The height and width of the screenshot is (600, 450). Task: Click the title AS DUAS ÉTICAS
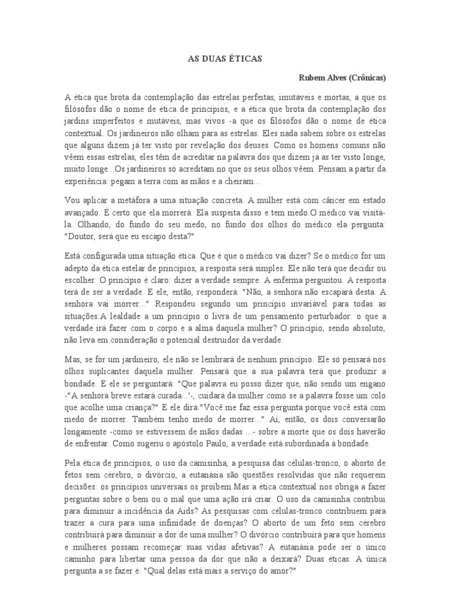point(224,59)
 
